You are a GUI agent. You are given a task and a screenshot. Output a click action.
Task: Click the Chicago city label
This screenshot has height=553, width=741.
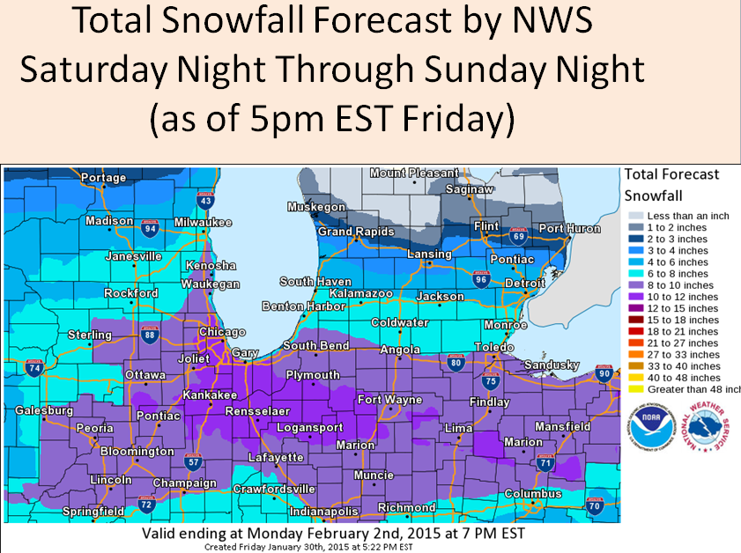tap(222, 332)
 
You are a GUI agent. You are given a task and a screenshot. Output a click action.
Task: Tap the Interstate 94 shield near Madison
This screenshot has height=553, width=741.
tap(150, 228)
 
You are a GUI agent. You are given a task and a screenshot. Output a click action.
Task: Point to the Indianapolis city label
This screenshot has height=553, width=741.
tap(325, 511)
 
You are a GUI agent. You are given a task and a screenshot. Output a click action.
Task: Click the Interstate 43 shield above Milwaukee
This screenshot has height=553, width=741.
tap(205, 202)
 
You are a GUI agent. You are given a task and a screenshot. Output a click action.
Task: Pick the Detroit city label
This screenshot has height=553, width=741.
tap(524, 283)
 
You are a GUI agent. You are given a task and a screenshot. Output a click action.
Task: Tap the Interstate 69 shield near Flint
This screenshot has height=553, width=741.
tap(519, 235)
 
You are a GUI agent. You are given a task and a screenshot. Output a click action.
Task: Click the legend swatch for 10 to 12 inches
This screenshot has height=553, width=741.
tap(634, 297)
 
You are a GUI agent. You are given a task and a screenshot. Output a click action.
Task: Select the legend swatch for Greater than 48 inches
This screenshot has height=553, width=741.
tap(634, 388)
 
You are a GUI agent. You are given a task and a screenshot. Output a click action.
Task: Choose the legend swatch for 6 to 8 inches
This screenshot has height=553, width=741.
tap(634, 274)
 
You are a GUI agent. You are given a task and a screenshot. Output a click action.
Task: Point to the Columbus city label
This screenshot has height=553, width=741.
tap(533, 494)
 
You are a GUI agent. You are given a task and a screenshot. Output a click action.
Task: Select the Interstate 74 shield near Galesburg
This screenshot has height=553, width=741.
tap(33, 369)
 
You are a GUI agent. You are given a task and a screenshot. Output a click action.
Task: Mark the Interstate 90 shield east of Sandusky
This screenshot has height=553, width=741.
tap(603, 373)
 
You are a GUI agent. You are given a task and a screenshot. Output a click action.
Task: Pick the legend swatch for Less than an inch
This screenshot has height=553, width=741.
tap(634, 217)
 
